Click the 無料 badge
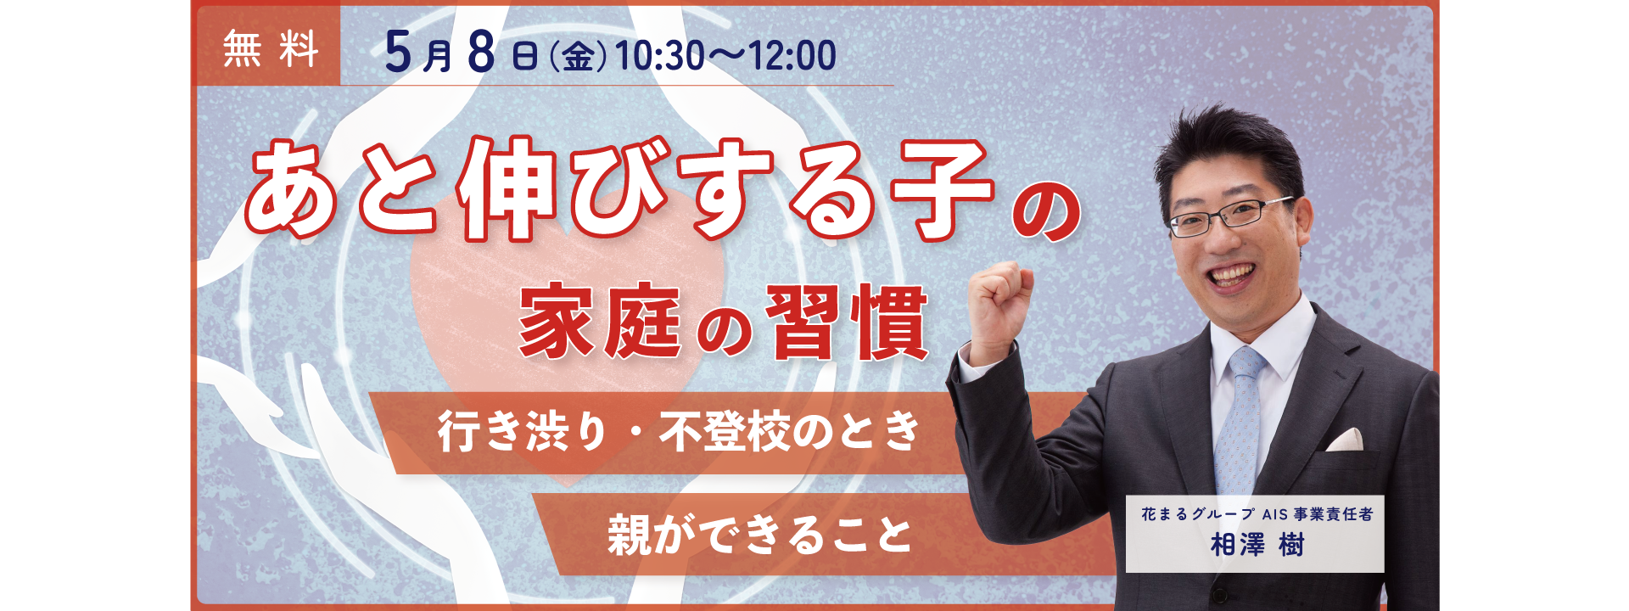[270, 48]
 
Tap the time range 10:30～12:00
[725, 56]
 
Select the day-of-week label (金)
[577, 57]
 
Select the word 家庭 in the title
[599, 322]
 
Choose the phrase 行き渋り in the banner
[522, 431]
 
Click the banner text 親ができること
[759, 535]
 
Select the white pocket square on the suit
[1344, 440]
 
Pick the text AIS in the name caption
[1274, 514]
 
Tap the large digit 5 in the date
[398, 53]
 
